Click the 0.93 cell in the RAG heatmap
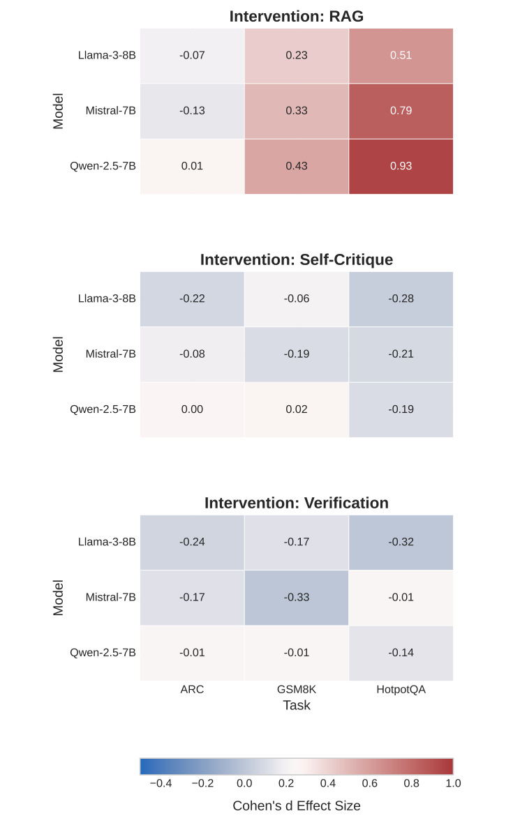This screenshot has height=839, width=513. click(x=401, y=166)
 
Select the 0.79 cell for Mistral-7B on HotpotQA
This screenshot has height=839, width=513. click(x=401, y=111)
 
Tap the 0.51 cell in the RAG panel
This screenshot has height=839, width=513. click(x=401, y=55)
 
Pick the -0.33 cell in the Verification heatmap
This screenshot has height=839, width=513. click(x=297, y=598)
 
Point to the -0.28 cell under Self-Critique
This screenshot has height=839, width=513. click(x=401, y=298)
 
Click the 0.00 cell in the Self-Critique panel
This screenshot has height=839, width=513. click(x=192, y=409)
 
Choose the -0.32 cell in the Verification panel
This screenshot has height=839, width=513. click(x=401, y=542)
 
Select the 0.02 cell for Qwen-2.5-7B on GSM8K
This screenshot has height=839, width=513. click(x=297, y=409)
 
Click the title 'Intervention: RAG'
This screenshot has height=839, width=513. click(x=297, y=16)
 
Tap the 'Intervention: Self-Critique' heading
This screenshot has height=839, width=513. click(x=297, y=259)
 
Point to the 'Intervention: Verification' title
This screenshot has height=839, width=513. click(x=297, y=503)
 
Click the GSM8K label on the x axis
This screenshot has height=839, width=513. click(x=297, y=690)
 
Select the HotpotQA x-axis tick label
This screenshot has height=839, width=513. click(x=401, y=690)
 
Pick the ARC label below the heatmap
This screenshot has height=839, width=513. click(x=192, y=690)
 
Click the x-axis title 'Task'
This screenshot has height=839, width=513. click(x=297, y=705)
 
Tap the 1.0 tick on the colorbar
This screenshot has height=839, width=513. click(x=453, y=783)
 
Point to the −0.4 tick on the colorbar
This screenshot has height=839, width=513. click(x=161, y=783)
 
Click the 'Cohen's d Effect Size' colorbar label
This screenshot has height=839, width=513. click(x=297, y=806)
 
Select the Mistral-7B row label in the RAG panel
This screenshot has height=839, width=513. click(x=110, y=111)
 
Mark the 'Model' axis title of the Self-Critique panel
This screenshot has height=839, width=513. click(x=58, y=354)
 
